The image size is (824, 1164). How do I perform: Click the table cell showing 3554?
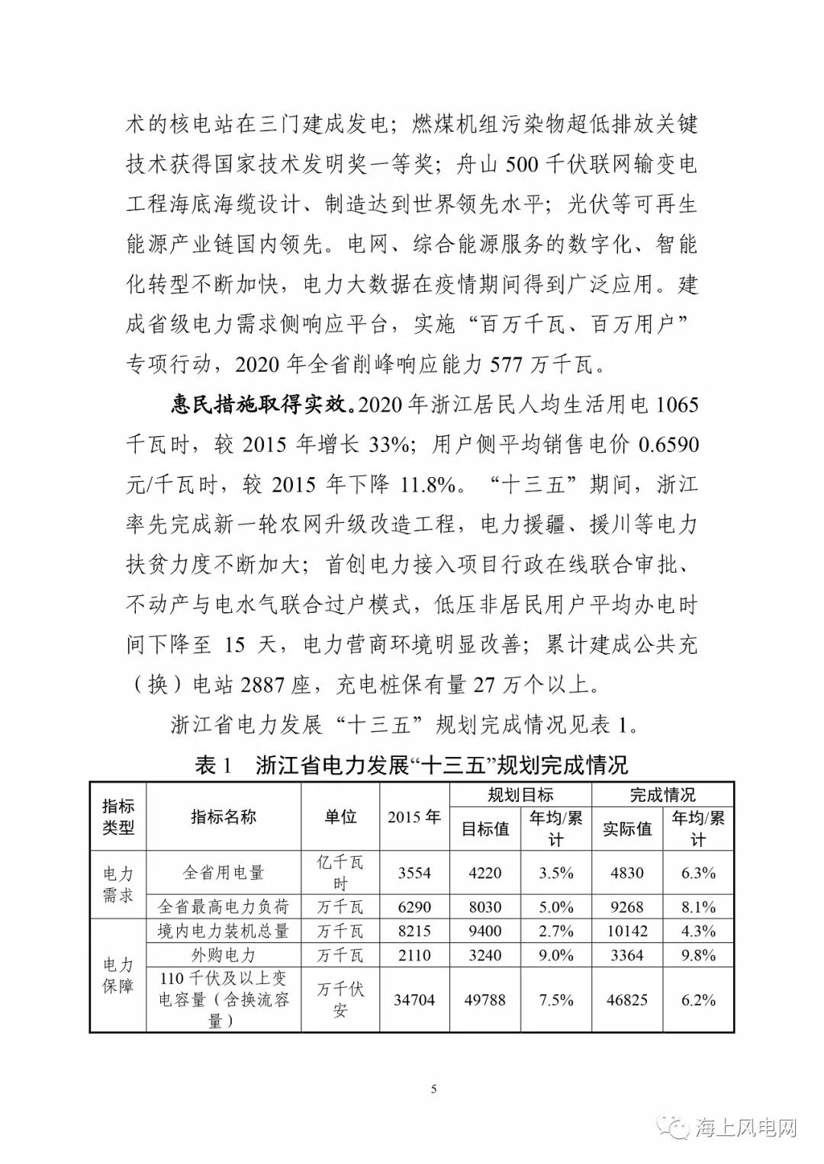pyautogui.click(x=414, y=873)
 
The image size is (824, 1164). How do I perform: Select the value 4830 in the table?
pyautogui.click(x=627, y=873)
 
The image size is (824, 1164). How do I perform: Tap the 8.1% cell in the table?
pyautogui.click(x=698, y=907)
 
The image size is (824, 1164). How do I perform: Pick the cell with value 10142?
pyautogui.click(x=627, y=931)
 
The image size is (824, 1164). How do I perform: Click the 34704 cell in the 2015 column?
pyautogui.click(x=414, y=999)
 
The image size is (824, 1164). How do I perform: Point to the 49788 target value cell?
pyautogui.click(x=485, y=999)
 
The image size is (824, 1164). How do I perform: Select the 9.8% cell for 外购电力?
pyautogui.click(x=698, y=955)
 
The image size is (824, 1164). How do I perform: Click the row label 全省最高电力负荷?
pyautogui.click(x=224, y=907)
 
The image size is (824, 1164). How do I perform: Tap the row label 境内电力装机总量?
pyautogui.click(x=224, y=931)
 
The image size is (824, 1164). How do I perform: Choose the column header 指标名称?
pyautogui.click(x=224, y=816)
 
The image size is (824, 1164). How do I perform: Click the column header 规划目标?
pyautogui.click(x=520, y=794)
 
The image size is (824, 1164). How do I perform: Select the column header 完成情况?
pyautogui.click(x=662, y=794)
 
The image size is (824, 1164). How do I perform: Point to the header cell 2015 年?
pyautogui.click(x=414, y=816)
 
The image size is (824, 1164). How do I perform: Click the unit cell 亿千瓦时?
pyautogui.click(x=340, y=873)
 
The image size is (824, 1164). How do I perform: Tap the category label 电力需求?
pyautogui.click(x=118, y=884)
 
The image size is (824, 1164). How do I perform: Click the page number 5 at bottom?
pyautogui.click(x=434, y=1089)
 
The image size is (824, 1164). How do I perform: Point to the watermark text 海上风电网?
pyautogui.click(x=746, y=1127)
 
